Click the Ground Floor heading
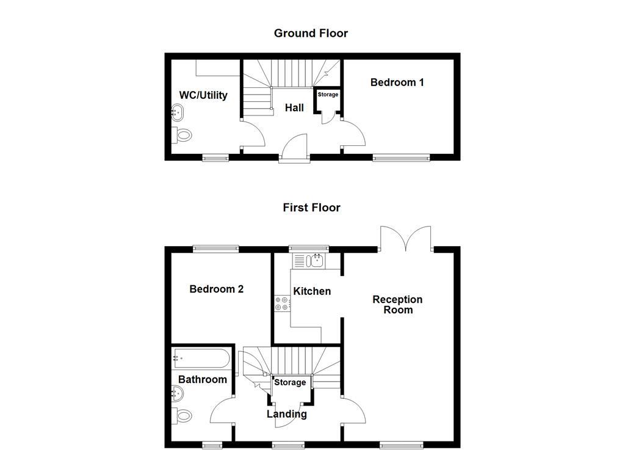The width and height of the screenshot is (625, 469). coord(311,33)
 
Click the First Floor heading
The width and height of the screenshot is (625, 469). coord(311,208)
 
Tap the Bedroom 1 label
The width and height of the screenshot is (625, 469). coord(397,82)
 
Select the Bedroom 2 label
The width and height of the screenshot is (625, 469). coord(216,289)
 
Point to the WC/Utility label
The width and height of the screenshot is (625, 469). coord(203,95)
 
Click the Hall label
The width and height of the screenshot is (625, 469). coord(294,107)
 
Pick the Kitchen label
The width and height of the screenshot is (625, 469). coord(312,291)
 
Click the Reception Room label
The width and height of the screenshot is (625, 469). coord(397,304)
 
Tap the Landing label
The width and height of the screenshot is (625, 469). coord(287,414)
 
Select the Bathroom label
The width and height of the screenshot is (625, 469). coord(203,379)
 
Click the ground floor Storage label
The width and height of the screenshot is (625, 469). coord(328,95)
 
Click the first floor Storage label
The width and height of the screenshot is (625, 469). coord(290,382)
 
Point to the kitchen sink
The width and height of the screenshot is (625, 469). coord(317,261)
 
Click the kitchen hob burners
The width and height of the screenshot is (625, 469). coord(283,303)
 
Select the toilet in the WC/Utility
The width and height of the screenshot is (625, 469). coord(182,135)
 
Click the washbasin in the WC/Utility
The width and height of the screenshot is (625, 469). coord(178,112)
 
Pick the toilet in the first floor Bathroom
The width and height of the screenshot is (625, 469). coord(182,415)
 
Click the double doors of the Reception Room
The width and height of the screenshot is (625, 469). coord(406,238)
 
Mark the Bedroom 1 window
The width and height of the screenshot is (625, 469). coord(401,158)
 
